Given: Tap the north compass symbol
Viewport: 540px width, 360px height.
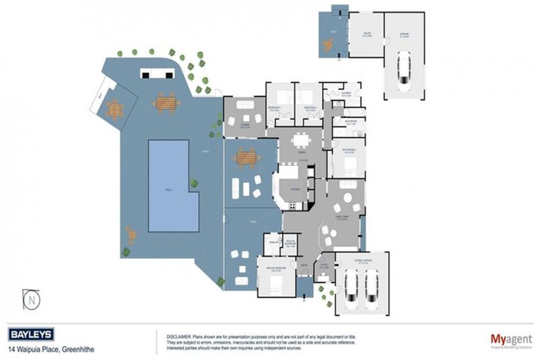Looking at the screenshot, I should pyautogui.click(x=32, y=299).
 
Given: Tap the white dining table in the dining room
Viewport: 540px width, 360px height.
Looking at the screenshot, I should pyautogui.click(x=304, y=139).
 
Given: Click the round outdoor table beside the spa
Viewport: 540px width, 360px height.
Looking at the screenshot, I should pyautogui.click(x=115, y=110).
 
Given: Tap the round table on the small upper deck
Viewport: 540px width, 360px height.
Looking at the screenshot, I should pyautogui.click(x=328, y=46).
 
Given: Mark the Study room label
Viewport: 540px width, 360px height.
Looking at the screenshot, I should pyautogui.click(x=324, y=267).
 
